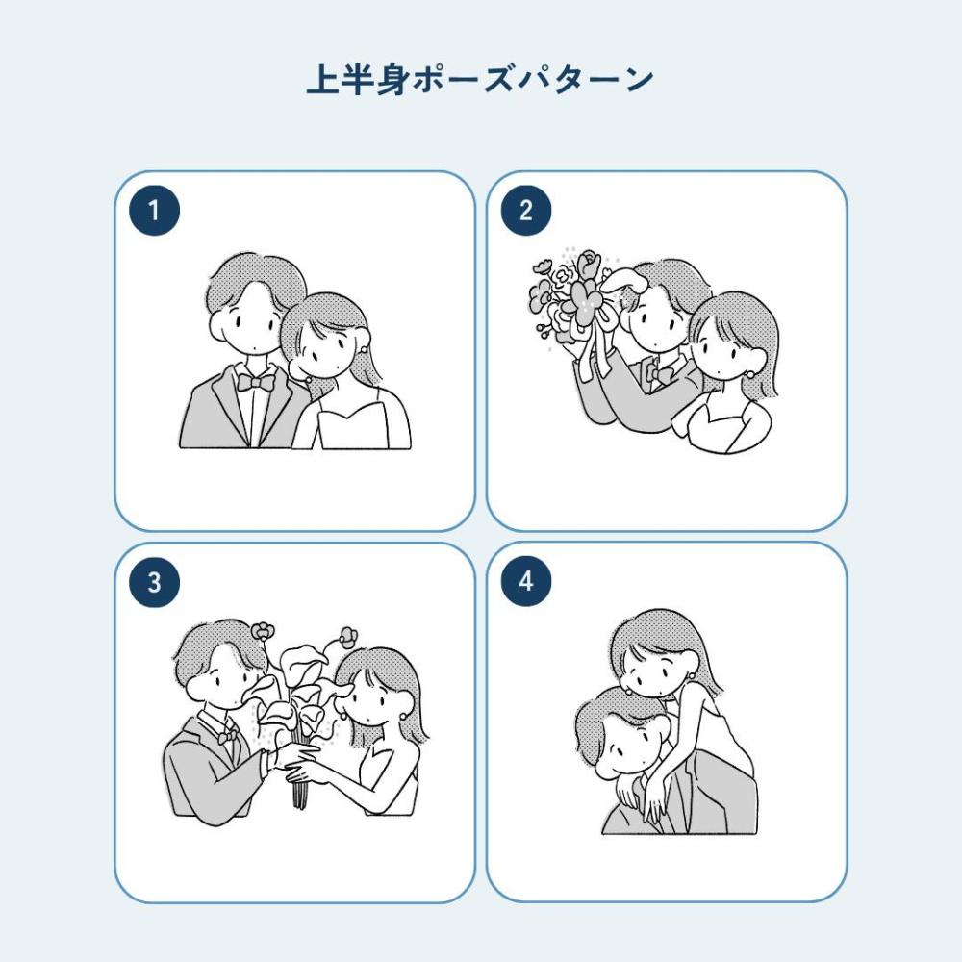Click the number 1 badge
coord(154,211)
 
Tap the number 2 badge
coord(526,211)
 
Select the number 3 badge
coord(154,582)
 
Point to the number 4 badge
coord(526,581)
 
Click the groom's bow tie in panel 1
coord(255,383)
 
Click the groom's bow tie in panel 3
coord(227,735)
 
